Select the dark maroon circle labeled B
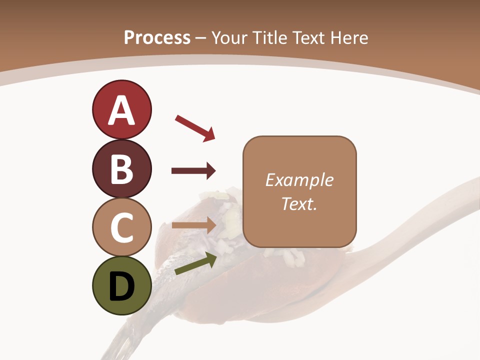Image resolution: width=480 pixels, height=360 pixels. click(121, 168)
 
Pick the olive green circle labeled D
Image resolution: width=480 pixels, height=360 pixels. click(121, 285)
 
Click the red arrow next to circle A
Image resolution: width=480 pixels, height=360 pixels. click(195, 128)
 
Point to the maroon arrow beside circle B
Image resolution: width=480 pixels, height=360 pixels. click(193, 171)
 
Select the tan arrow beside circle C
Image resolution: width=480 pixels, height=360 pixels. click(193, 225)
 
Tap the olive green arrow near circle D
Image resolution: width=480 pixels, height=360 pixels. click(195, 263)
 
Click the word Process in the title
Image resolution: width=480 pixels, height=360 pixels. click(157, 37)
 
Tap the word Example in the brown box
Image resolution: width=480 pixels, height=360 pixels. click(299, 180)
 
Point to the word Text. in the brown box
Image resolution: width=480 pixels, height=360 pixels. click(299, 203)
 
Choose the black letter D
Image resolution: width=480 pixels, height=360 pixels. click(121, 287)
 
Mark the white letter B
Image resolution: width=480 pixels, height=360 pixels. click(121, 169)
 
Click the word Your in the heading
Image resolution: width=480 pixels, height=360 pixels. click(229, 37)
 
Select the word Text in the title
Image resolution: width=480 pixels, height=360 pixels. click(308, 37)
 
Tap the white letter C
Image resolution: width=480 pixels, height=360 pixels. click(121, 227)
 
